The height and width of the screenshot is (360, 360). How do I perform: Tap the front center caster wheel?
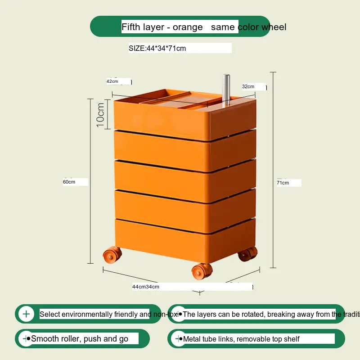coord(202,271)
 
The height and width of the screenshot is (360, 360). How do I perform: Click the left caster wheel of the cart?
coord(113,255)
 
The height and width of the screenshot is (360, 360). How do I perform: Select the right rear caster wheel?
coord(247,254)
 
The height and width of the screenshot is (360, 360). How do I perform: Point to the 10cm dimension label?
coord(100,114)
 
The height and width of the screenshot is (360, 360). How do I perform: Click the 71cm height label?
coord(283,183)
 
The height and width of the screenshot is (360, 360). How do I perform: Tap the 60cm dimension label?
coord(69,182)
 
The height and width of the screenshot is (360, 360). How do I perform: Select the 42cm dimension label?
coord(112,81)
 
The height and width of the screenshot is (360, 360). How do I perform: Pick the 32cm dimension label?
coord(248,86)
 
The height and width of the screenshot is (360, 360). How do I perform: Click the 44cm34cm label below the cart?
coord(145,287)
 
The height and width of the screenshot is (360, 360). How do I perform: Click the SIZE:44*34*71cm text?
coord(157,48)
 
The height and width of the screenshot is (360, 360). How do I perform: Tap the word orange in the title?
coord(189,27)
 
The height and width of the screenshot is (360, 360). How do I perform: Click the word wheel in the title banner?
coord(274,27)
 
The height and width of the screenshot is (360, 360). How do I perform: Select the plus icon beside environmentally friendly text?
coord(26,314)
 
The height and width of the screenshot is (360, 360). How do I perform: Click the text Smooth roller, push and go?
coord(80,338)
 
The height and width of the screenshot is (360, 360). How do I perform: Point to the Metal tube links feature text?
coord(241,339)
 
